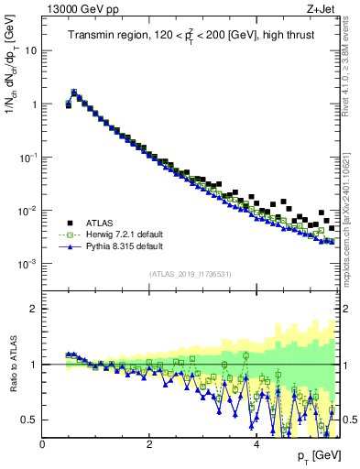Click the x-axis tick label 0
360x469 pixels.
[43, 445]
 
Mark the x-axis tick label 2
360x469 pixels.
[149, 445]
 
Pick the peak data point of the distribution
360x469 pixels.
[74, 92]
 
